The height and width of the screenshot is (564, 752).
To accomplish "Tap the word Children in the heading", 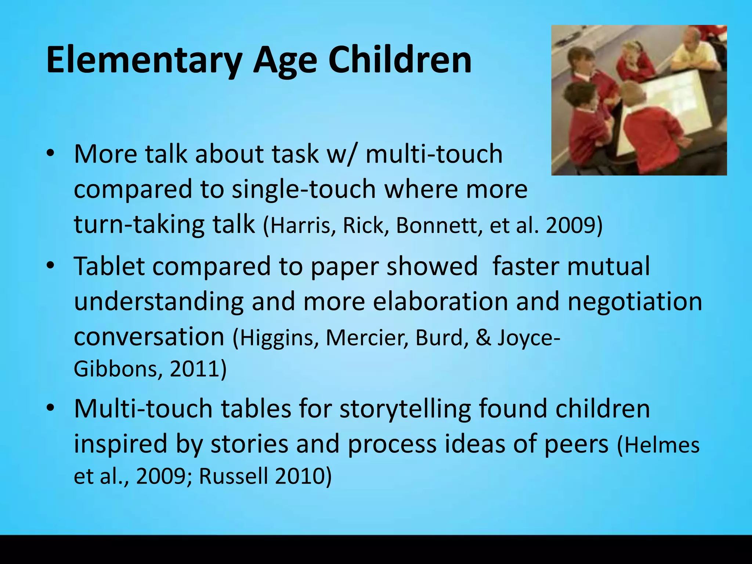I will coord(400,60).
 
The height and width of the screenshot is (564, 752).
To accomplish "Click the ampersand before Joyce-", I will coord(483,337).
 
